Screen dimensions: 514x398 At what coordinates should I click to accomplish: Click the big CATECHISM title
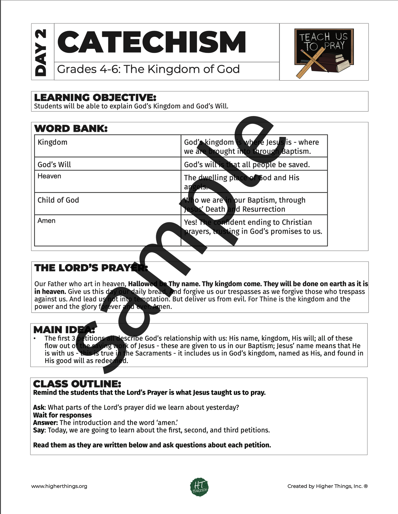(x=151, y=42)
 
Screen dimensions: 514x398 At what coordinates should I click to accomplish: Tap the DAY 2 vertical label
(x=41, y=52)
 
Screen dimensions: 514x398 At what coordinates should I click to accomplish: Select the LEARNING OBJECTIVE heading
(x=95, y=97)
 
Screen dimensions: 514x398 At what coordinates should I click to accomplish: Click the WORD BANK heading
(x=71, y=129)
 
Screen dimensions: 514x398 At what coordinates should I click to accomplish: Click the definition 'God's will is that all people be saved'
(x=247, y=165)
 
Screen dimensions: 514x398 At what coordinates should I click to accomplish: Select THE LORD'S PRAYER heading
(x=91, y=268)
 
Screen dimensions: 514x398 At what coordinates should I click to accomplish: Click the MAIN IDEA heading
(x=64, y=330)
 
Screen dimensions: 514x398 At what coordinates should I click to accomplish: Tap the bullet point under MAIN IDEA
(x=35, y=339)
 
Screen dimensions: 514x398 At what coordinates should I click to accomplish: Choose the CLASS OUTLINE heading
(x=77, y=384)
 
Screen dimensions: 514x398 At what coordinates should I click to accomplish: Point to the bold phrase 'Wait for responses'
(x=62, y=415)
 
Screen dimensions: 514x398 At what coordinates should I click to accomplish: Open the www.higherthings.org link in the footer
(x=59, y=486)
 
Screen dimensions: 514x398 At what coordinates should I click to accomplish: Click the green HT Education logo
(x=199, y=487)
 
